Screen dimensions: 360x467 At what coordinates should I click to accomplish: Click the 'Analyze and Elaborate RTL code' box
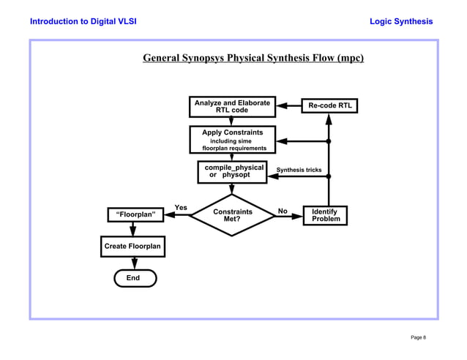click(231, 106)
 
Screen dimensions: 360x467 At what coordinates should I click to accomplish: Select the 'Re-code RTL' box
click(329, 106)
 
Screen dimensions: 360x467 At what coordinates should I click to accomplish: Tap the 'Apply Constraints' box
click(232, 140)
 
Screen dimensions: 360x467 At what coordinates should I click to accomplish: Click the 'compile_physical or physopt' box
click(232, 172)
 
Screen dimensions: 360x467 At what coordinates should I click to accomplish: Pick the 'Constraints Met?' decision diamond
click(232, 215)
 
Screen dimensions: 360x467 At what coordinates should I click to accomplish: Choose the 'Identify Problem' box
click(324, 215)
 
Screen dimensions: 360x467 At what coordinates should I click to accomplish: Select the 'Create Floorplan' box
click(132, 247)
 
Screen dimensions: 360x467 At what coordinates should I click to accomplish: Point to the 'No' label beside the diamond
click(282, 211)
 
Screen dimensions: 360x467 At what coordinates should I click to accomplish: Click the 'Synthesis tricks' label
click(299, 170)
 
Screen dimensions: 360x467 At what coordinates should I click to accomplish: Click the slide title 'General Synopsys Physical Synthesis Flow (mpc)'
click(253, 57)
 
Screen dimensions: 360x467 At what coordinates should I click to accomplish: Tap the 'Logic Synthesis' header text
click(402, 21)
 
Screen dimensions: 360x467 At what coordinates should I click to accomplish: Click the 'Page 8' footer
click(418, 337)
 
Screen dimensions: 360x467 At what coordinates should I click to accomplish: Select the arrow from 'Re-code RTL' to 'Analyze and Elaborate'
click(289, 106)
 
